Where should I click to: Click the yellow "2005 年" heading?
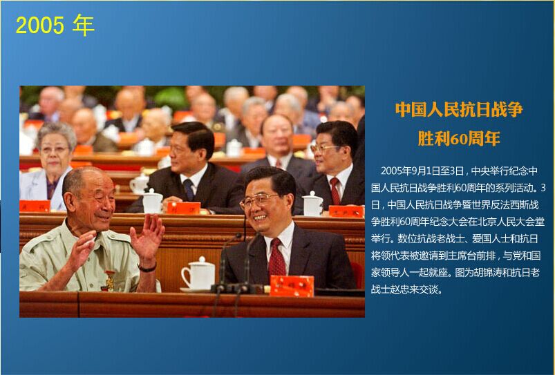pyautogui.click(x=55, y=25)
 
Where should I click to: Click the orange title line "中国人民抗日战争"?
pyautogui.click(x=459, y=110)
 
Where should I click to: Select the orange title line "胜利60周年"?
pyautogui.click(x=459, y=138)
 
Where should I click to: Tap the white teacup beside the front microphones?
pyautogui.click(x=198, y=274)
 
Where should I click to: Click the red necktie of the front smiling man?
pyautogui.click(x=276, y=257)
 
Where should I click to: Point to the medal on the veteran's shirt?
pyautogui.click(x=110, y=280)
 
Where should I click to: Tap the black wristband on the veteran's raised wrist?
pyautogui.click(x=147, y=267)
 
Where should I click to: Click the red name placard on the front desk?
pyautogui.click(x=292, y=286)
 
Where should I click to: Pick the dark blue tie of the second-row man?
pyautogui.click(x=188, y=190)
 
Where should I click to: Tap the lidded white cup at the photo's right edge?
pyautogui.click(x=313, y=204)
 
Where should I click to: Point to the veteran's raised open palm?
pyautogui.click(x=148, y=236)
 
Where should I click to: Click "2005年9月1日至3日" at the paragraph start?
pyautogui.click(x=422, y=171)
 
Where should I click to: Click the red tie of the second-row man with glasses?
pyautogui.click(x=335, y=191)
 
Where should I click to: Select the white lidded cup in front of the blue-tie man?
pyautogui.click(x=152, y=201)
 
